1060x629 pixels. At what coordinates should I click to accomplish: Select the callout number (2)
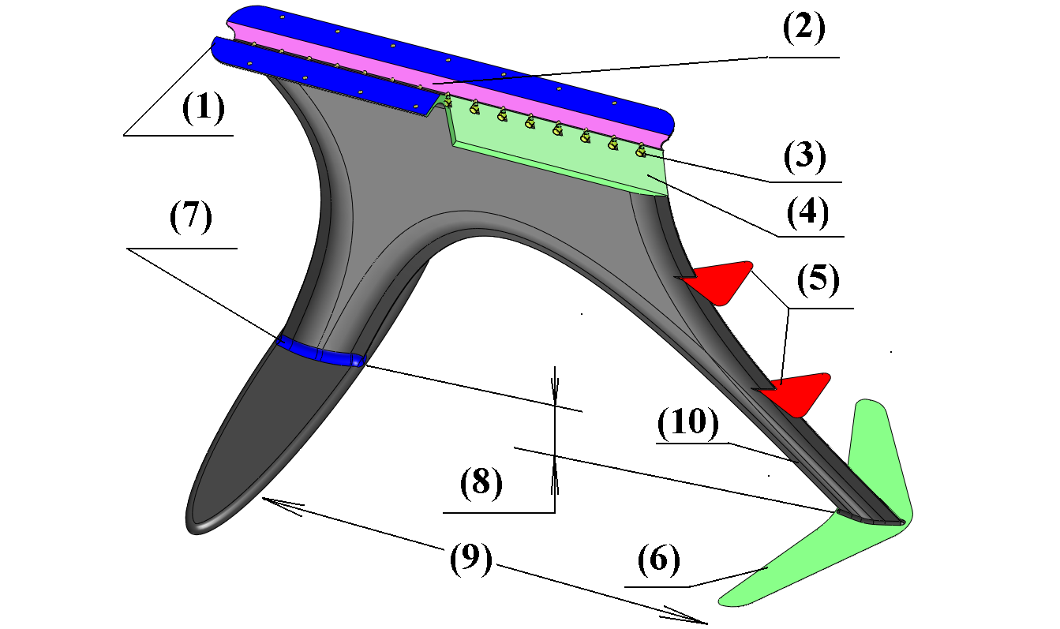point(804,30)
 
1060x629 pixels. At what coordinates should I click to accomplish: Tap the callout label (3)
point(804,158)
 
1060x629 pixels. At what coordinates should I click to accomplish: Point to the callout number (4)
point(804,213)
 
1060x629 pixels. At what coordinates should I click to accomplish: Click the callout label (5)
point(817,281)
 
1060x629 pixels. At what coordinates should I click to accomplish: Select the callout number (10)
point(688,426)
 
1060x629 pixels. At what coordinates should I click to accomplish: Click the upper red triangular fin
point(721,281)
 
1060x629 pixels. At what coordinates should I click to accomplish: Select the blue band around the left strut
point(320,352)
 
